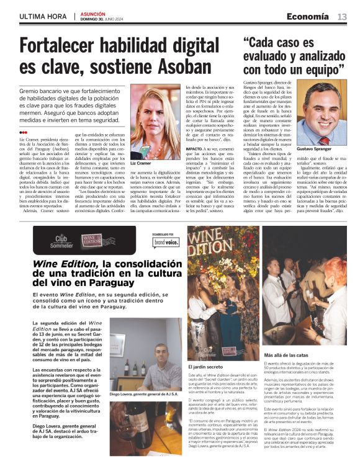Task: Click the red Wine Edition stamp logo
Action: tap(92, 239)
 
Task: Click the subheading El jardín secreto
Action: tap(202, 367)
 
